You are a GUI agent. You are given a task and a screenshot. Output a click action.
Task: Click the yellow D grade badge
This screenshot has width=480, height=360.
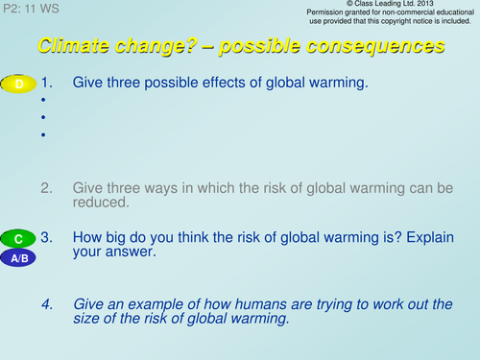coord(18,84)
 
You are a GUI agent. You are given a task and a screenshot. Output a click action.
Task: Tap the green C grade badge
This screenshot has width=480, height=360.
coord(18,238)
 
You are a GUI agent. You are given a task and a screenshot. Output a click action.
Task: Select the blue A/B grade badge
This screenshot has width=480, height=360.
coord(18,258)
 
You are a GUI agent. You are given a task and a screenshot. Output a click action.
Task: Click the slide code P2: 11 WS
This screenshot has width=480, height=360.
coord(32,8)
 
